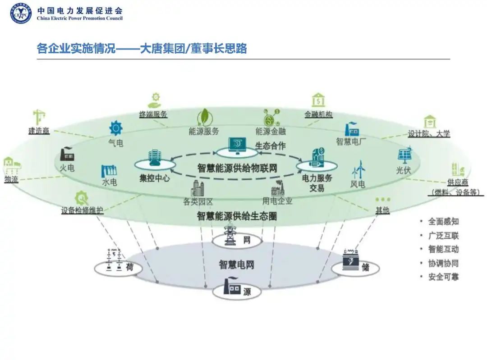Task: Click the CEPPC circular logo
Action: (21, 13)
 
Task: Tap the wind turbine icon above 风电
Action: (359, 169)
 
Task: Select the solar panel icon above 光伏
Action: (404, 155)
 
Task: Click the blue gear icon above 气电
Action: (116, 128)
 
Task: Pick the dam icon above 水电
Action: (110, 170)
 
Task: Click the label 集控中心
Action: (155, 178)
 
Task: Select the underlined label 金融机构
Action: (318, 114)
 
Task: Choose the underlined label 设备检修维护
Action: (83, 210)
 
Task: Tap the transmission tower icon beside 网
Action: (230, 235)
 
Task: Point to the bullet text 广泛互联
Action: (443, 236)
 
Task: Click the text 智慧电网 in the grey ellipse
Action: (237, 264)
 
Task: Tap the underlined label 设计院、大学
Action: (429, 133)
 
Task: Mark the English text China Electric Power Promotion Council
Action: (80, 18)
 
